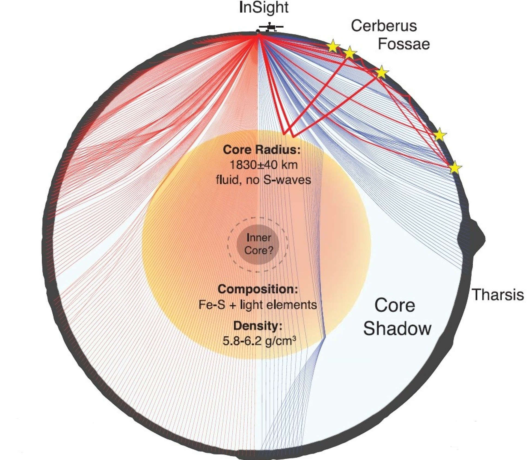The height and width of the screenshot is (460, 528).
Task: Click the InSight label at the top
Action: coord(263,8)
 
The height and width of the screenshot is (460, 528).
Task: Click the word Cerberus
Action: coord(384,26)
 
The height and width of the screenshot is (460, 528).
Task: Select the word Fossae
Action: coord(404,44)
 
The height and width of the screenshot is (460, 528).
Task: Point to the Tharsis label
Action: coord(498,295)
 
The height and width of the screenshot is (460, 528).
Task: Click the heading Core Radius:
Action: coord(262,149)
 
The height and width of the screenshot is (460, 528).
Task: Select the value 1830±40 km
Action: coord(260,165)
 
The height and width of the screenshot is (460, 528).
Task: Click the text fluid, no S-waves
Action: coord(263,180)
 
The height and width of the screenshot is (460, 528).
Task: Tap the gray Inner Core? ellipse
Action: coord(258,244)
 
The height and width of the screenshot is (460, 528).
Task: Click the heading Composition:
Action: coord(258,289)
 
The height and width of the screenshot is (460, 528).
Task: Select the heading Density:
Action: coord(258,326)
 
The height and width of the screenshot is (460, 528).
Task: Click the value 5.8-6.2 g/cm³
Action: coord(259,341)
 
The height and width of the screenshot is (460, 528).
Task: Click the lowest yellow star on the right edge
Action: coord(455,168)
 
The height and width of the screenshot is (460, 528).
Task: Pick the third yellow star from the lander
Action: coord(381,72)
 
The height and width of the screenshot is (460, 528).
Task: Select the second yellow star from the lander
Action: coord(350,53)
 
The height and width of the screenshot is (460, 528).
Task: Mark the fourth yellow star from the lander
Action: coord(439,135)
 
